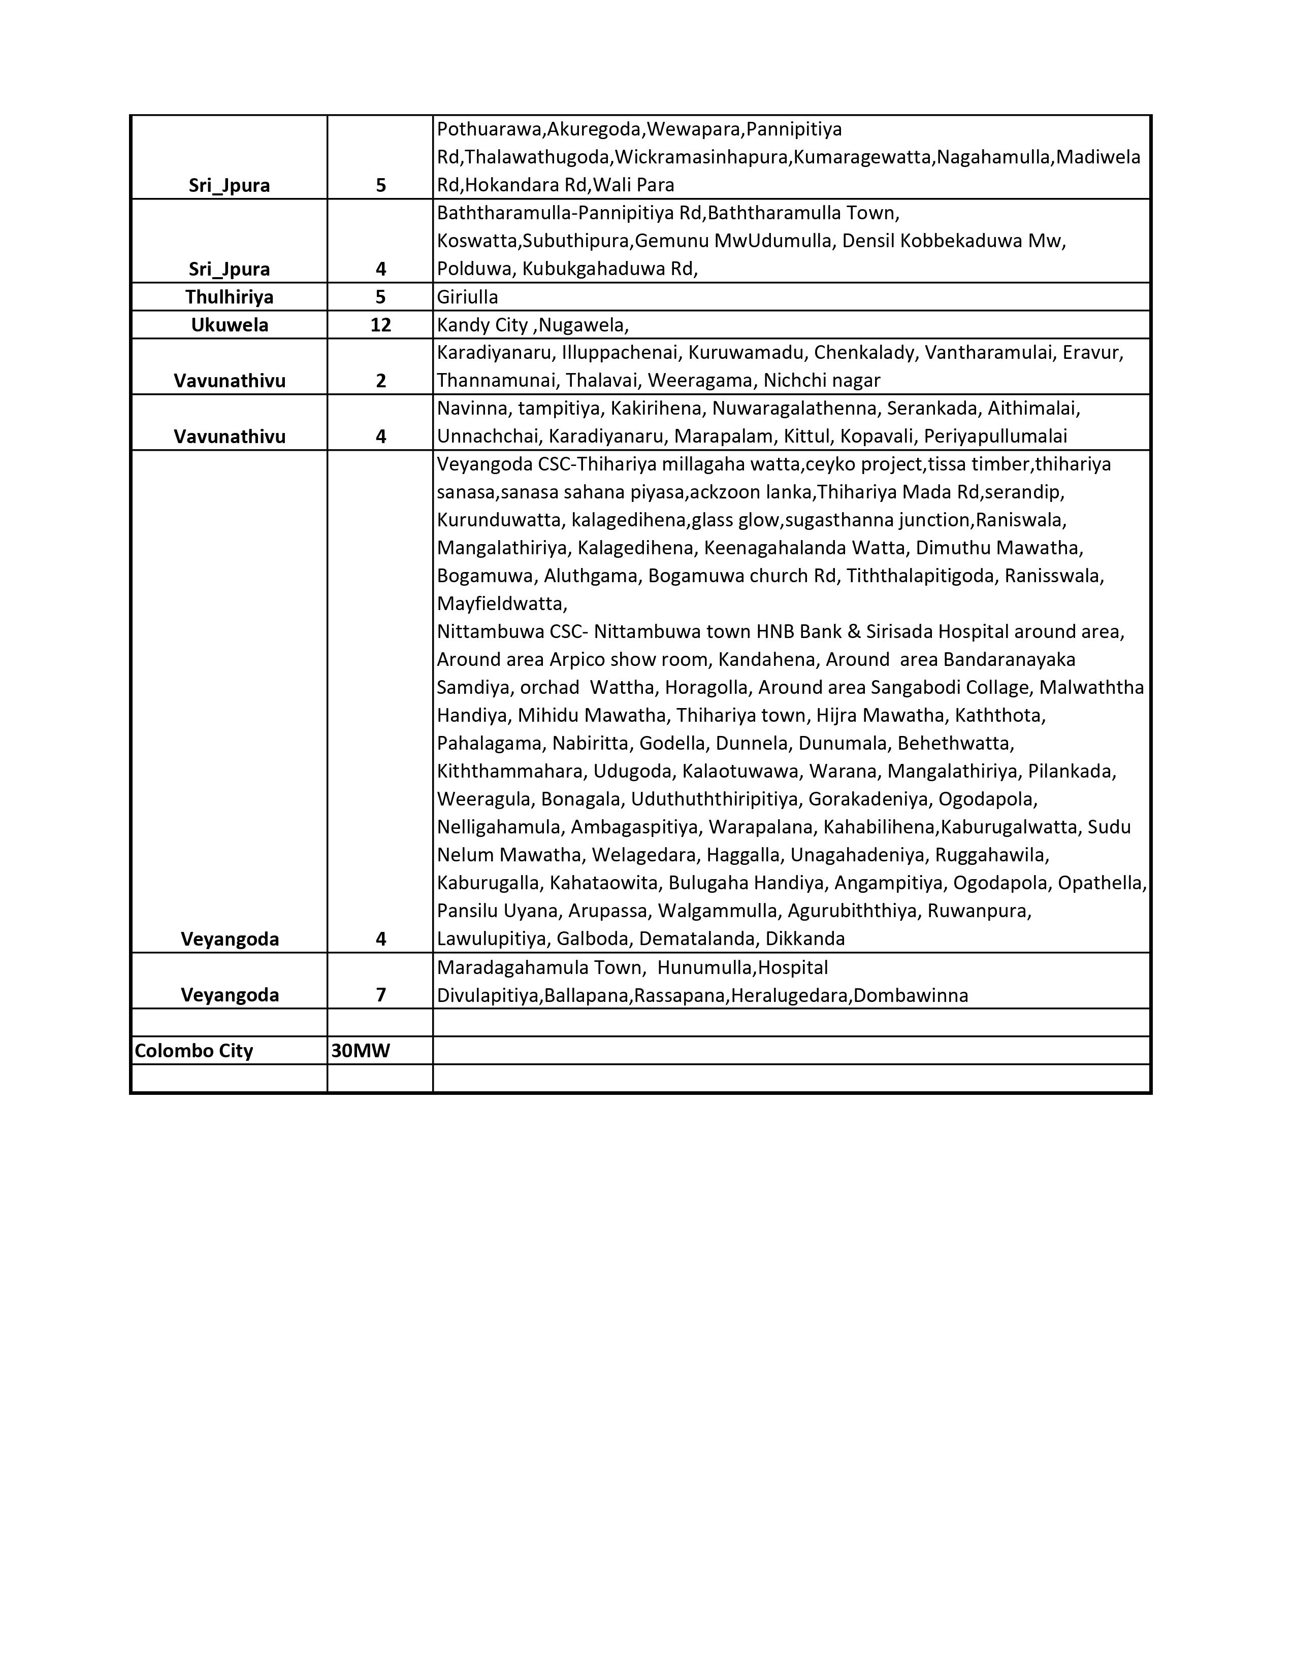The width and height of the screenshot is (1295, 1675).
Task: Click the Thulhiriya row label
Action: point(230,297)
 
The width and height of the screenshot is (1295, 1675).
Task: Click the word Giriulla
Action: point(467,297)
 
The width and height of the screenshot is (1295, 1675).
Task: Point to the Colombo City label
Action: point(193,1051)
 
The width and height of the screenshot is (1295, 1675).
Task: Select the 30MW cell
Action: point(361,1051)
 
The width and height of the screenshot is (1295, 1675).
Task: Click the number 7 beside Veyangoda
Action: point(380,995)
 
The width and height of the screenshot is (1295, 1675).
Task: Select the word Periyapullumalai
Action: point(995,437)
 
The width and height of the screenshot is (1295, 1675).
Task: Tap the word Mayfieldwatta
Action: point(500,604)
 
